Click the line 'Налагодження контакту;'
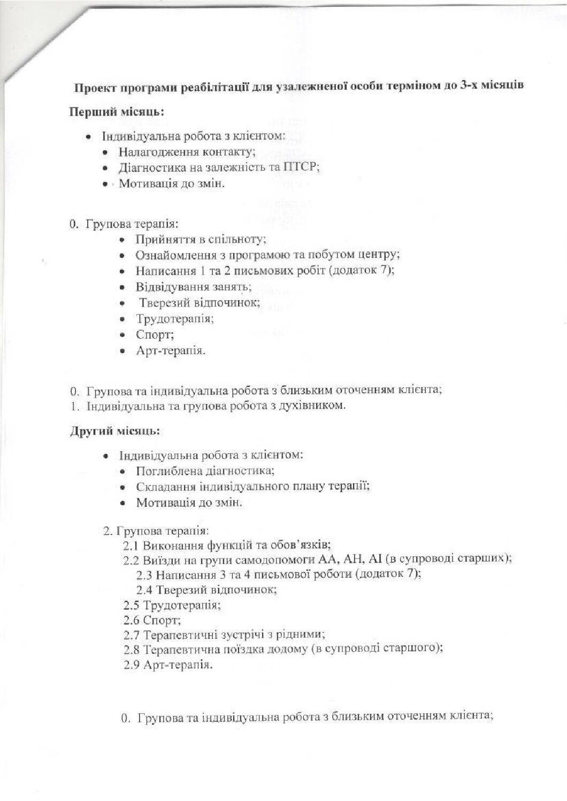coord(187,151)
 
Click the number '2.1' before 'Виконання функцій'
coord(132,546)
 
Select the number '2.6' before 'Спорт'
coord(132,621)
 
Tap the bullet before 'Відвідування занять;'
coord(124,288)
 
